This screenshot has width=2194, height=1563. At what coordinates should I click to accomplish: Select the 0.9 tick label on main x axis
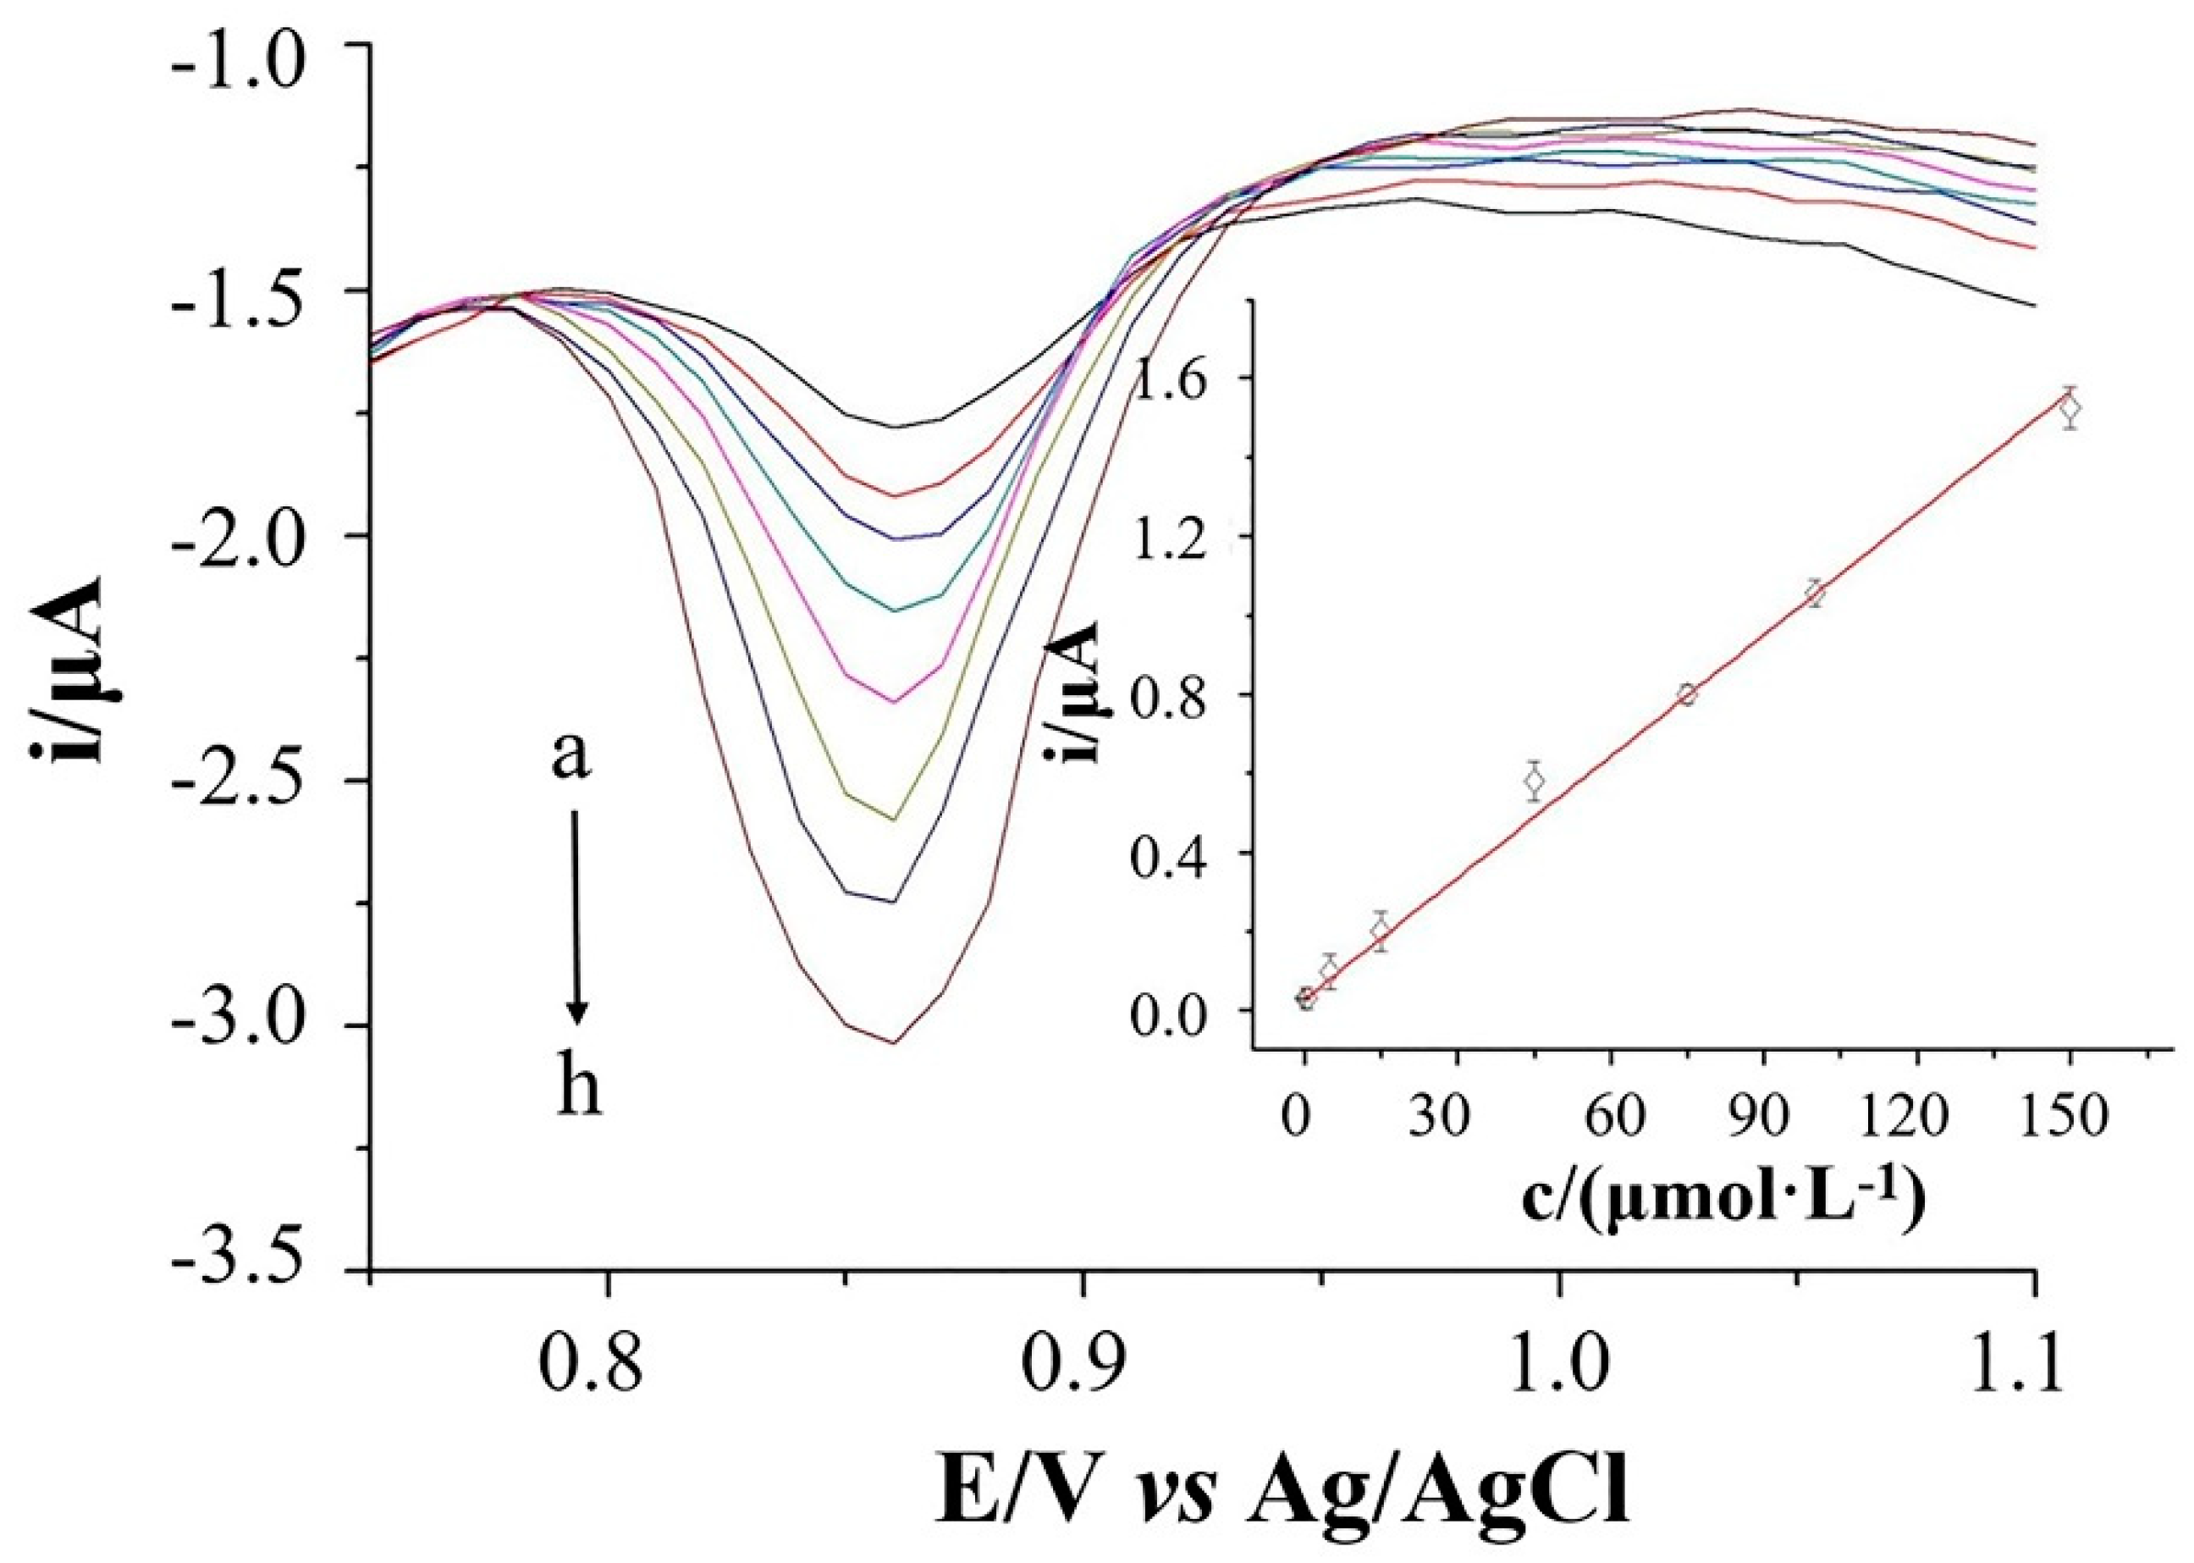[x=1083, y=1367]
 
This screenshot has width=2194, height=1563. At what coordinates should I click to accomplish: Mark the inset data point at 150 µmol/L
[x=2070, y=408]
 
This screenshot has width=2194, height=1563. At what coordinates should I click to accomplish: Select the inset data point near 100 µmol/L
[x=1815, y=594]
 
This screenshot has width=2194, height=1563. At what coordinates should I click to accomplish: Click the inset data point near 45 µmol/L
[x=1535, y=781]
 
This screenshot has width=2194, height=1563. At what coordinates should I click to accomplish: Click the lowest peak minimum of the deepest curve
[x=894, y=1042]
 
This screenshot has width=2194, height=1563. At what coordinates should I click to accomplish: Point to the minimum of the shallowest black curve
[x=895, y=428]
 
